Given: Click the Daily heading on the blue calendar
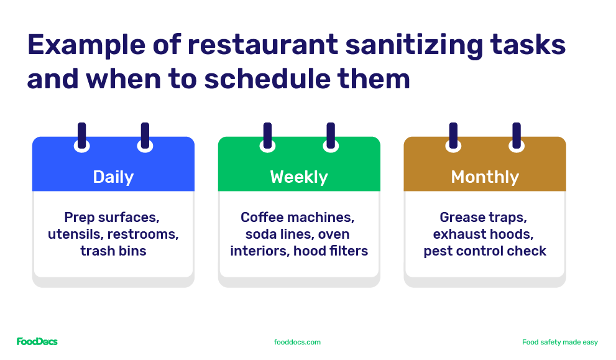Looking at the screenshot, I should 113,177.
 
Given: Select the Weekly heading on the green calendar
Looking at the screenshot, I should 299,177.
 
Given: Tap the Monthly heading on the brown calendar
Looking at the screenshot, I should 485,177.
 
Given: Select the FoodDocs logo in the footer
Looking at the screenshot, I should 37,342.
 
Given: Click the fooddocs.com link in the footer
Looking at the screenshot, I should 297,342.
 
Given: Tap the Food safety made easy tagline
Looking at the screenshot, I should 559,342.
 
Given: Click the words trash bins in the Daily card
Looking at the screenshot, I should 113,251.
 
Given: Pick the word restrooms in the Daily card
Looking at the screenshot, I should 149,234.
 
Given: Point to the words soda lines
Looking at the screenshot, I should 272,234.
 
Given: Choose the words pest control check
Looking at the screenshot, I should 485,251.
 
